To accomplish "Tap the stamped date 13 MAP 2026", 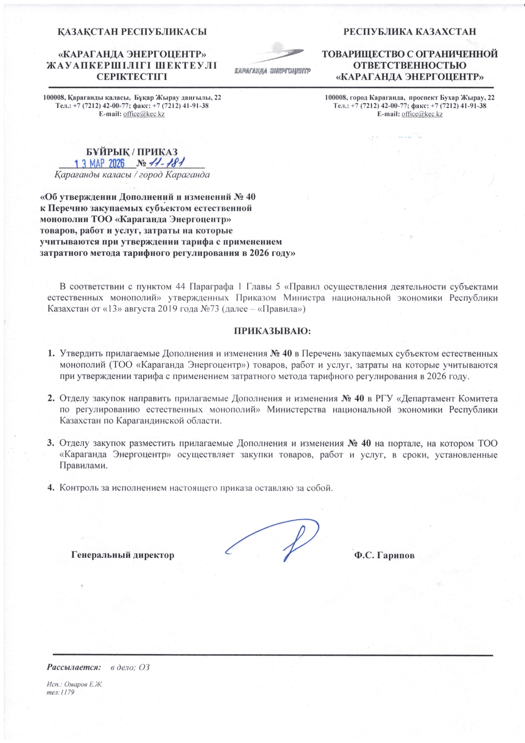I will click(99, 163).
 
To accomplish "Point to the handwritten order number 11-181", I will click(169, 163).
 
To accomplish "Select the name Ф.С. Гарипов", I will click(384, 555).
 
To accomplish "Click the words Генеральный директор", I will click(123, 555).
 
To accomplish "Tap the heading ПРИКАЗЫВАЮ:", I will click(273, 331).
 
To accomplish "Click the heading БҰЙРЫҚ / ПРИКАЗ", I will click(132, 152).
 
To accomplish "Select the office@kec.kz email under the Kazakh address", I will click(144, 114).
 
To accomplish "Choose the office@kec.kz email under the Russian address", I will click(422, 114).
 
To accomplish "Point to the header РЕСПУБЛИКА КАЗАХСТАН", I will click(409, 32).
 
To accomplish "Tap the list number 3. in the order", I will click(50, 444).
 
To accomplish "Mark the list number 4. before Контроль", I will click(50, 488).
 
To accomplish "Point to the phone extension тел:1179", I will click(61, 692).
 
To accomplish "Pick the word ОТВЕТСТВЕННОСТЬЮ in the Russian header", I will click(409, 66).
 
